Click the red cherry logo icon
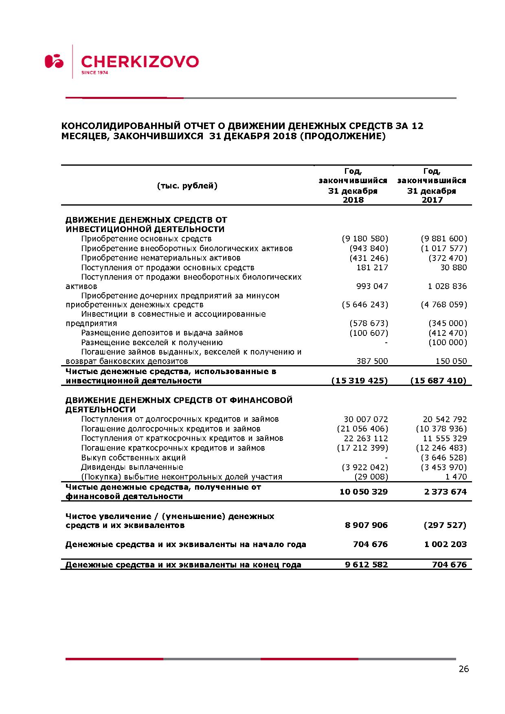pos(54,61)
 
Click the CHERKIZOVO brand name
pos(140,61)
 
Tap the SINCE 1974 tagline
pos(94,73)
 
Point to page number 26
pos(463,669)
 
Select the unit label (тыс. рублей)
pos(187,186)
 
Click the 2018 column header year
pos(353,200)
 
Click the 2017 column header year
pos(432,200)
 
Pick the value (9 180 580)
pos(365,239)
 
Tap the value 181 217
pos(372,267)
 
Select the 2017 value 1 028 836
pos(447,286)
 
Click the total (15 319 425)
pos(360,381)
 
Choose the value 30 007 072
pos(366,419)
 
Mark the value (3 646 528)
pos(444,458)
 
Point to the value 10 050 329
pos(363,492)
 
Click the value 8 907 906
pos(366,525)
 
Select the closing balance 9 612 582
pos(366,565)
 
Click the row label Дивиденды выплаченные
pos(132,467)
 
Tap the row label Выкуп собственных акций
pos(133,458)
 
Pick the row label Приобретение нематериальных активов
pos(161,258)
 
